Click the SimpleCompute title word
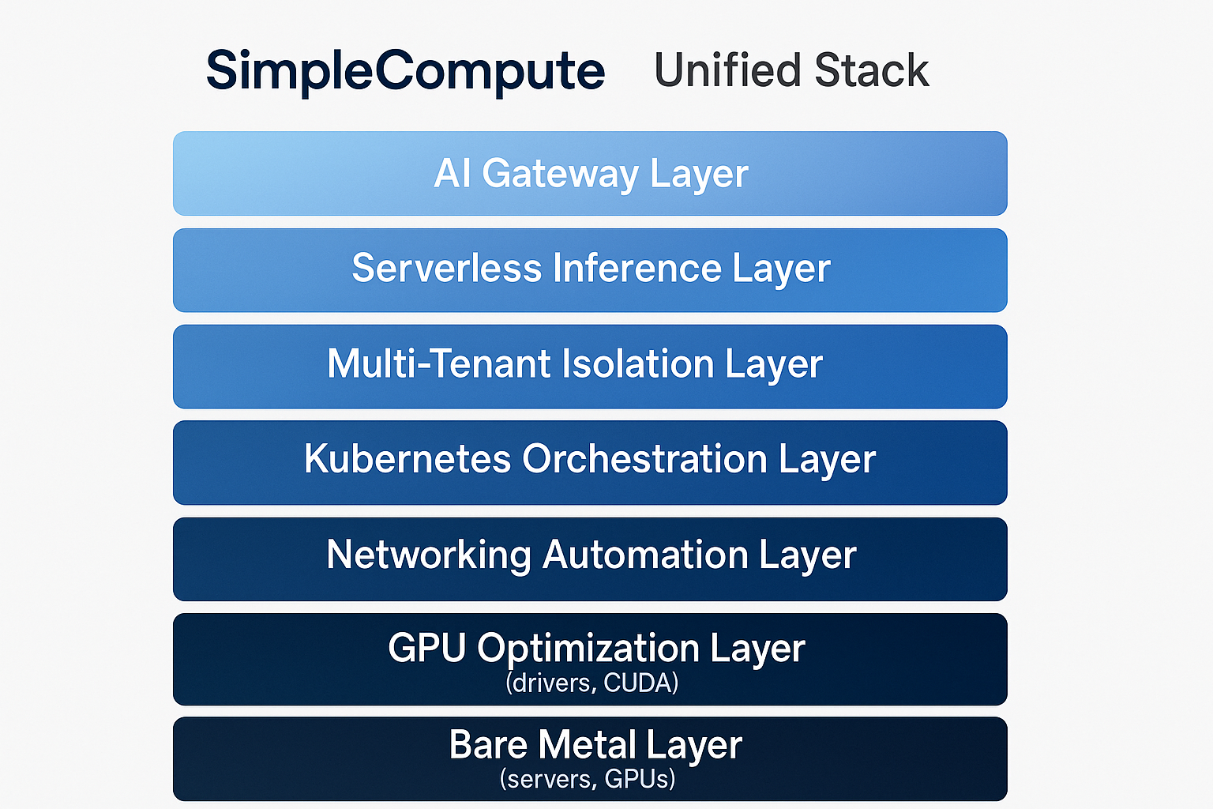405,71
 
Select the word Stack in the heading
871,70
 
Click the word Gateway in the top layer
559,174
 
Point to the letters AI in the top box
453,173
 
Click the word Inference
637,268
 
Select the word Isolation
638,363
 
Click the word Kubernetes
407,459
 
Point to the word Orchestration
644,459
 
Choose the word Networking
428,555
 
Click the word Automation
645,555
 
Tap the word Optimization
588,649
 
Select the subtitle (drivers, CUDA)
591,683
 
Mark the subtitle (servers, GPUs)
588,779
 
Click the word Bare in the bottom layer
487,745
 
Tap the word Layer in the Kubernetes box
827,461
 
